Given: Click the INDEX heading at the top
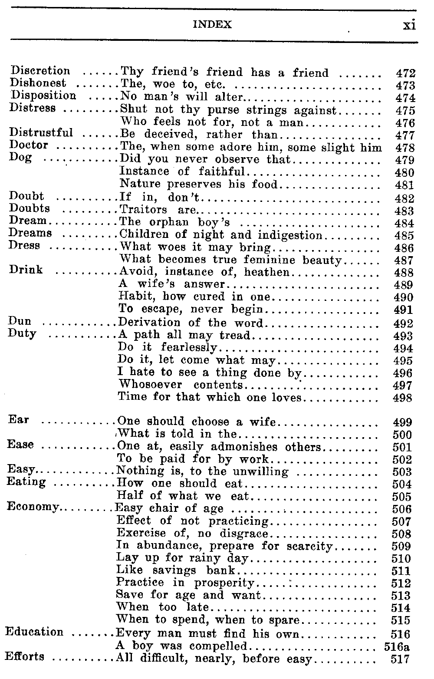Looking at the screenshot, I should click(212, 25).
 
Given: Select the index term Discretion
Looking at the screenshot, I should click(40, 71).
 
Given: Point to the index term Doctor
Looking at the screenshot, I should click(29, 145).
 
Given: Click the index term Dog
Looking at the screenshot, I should click(20, 157).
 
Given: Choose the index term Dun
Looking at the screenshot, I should click(20, 322).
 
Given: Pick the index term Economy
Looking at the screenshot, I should click(33, 508).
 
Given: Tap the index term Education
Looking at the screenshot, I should click(34, 632).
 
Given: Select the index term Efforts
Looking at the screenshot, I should click(24, 656).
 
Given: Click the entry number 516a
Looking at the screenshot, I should click(397, 647).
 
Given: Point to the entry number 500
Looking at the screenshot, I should click(401, 435).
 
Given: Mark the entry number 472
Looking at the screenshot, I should click(406, 73).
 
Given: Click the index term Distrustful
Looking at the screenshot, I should click(41, 132).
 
